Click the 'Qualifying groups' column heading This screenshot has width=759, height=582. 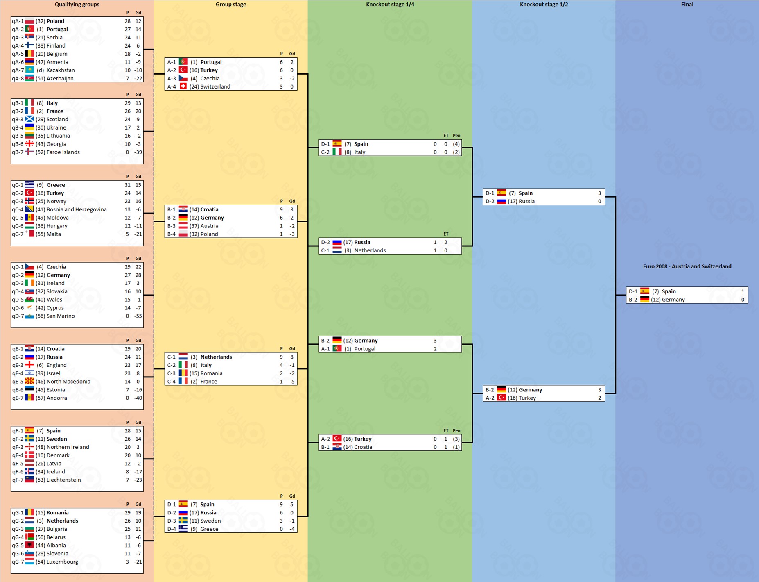77,5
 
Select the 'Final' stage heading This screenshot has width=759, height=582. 687,5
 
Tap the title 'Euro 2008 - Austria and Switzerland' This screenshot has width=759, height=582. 687,266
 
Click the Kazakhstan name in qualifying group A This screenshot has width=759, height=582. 61,70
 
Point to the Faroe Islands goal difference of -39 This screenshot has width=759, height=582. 138,152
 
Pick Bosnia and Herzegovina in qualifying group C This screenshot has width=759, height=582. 77,209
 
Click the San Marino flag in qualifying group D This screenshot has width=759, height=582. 29,316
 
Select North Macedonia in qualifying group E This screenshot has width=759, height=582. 68,382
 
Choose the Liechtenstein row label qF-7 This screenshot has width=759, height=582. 18,480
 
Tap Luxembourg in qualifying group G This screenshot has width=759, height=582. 62,562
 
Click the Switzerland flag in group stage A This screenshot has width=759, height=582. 183,86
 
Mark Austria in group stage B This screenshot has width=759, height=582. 209,226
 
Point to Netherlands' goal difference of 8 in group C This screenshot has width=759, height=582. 292,357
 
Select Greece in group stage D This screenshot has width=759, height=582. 209,529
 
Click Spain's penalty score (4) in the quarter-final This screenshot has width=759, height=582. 456,144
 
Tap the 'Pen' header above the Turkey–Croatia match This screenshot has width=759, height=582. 456,430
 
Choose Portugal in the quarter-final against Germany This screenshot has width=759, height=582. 365,349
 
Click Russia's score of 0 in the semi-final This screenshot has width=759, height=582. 599,201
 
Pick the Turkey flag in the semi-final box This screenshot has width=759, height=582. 501,398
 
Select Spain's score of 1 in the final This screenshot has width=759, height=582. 743,291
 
